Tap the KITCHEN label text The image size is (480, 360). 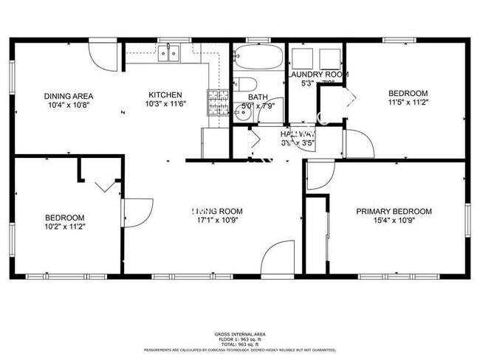(x=165, y=95)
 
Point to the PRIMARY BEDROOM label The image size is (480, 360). (x=394, y=212)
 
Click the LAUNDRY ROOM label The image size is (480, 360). (x=317, y=75)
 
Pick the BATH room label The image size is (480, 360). (x=258, y=97)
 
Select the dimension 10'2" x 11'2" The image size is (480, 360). (x=65, y=227)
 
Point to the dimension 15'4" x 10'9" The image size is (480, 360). (x=394, y=221)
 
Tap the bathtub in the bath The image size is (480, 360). (x=258, y=57)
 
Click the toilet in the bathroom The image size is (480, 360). (x=245, y=83)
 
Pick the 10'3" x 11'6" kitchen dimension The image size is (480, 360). (x=165, y=104)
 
